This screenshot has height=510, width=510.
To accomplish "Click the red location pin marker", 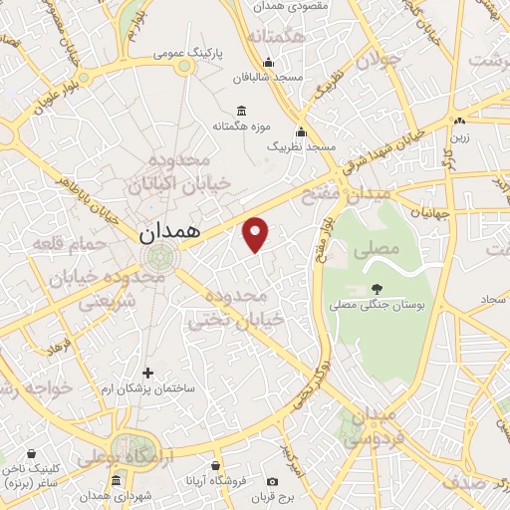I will click(x=256, y=234).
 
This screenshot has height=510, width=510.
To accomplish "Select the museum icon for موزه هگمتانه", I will click(x=240, y=112).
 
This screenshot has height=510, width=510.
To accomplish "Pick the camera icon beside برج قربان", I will click(x=273, y=483).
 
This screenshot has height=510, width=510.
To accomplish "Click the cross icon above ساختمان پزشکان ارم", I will click(x=147, y=373).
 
